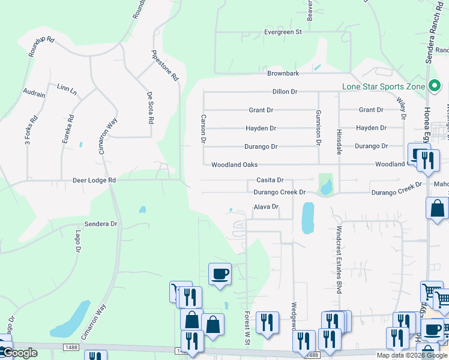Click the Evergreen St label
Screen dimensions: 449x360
(283, 32)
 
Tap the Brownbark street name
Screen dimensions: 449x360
(283, 73)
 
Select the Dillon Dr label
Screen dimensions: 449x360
(285, 92)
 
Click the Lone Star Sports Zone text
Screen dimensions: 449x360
(383, 86)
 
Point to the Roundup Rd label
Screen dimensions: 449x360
(41, 47)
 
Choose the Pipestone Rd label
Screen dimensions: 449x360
(165, 65)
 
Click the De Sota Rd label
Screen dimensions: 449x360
(150, 107)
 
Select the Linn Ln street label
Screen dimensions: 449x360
(67, 89)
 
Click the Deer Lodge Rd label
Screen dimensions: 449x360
(94, 179)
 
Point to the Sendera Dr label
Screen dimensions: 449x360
(100, 224)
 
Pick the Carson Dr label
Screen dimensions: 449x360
(203, 128)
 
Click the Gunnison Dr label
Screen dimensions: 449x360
(319, 127)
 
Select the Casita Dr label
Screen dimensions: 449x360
(270, 180)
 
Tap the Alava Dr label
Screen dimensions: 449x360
(266, 207)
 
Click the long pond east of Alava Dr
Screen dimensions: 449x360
(307, 217)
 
